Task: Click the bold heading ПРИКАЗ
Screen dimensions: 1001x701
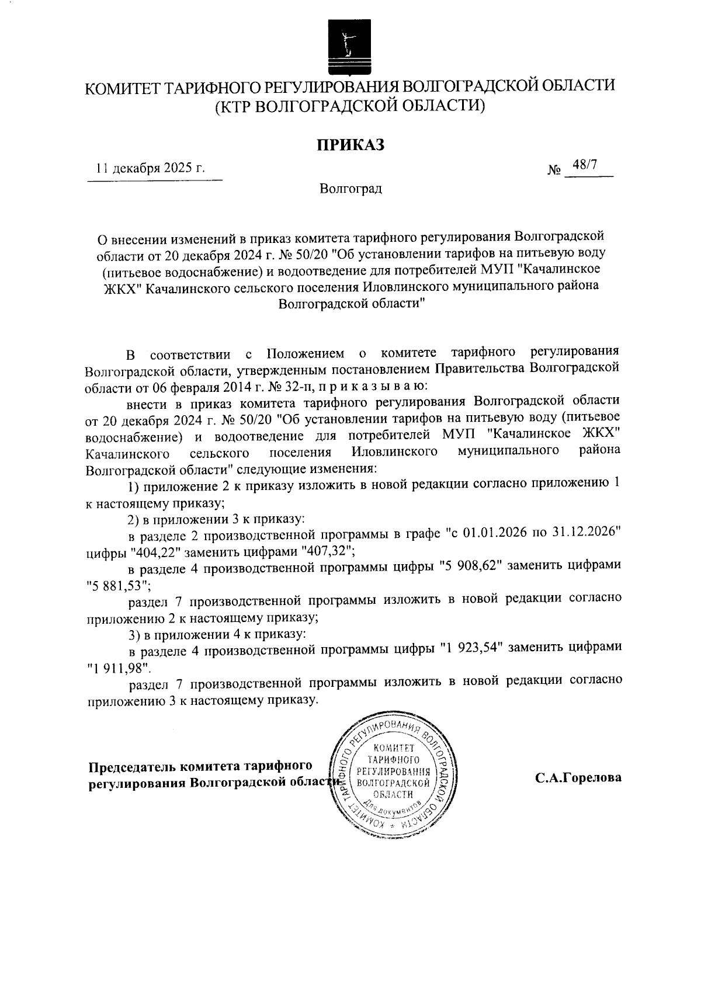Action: pos(350,144)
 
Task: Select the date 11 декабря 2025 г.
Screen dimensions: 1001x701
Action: pos(151,169)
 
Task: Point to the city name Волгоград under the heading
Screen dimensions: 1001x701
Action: pos(350,189)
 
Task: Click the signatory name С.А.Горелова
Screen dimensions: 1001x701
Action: pos(577,778)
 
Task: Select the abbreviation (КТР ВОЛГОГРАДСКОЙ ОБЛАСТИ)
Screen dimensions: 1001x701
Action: pos(350,106)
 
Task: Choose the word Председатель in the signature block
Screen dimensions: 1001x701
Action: pos(132,766)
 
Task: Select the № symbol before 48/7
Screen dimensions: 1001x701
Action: pos(554,171)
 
